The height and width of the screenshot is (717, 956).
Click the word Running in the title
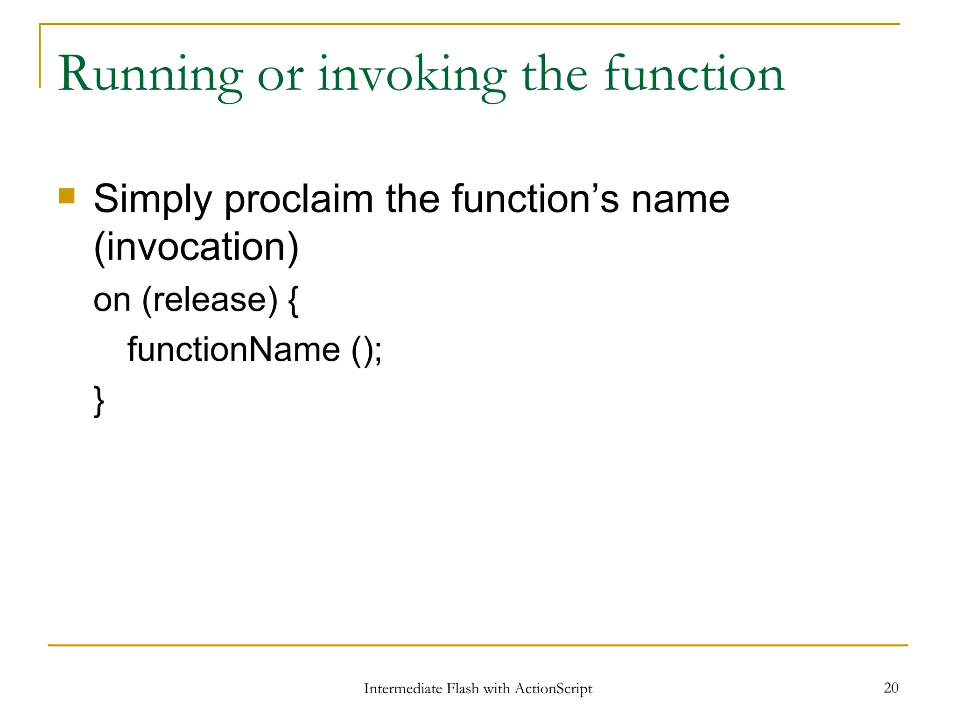(150, 75)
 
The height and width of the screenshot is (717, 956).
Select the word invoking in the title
(412, 75)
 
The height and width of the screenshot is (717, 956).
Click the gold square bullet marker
(67, 196)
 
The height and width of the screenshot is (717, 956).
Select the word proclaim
(299, 199)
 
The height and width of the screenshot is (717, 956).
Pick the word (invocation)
(196, 247)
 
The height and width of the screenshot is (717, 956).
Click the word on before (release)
(112, 301)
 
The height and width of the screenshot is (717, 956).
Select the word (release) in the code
(210, 301)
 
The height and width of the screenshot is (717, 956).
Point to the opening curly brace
(293, 302)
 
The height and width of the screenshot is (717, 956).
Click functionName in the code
(234, 350)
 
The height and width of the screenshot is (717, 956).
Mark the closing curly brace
(99, 401)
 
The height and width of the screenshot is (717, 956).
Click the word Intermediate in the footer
(402, 689)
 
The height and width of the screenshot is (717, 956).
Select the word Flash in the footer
(463, 689)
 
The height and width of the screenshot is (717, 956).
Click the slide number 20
(891, 688)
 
